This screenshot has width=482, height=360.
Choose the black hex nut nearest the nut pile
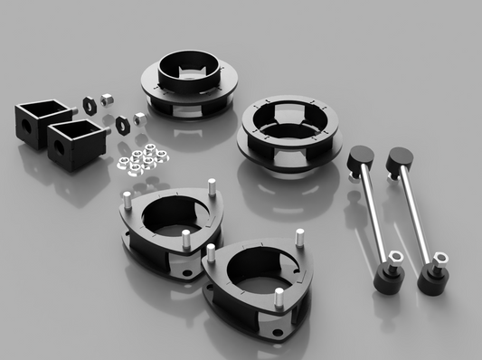[120, 122]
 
